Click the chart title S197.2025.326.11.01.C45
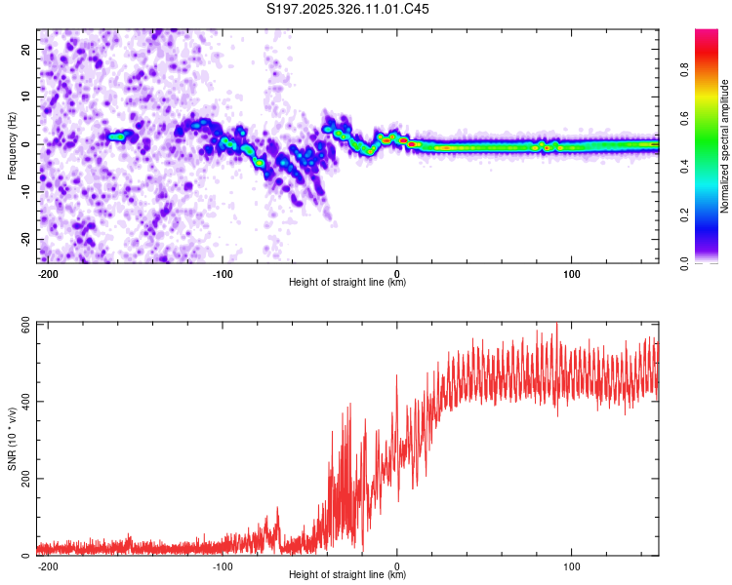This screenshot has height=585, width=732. (x=348, y=9)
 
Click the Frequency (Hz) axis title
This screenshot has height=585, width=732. (x=12, y=145)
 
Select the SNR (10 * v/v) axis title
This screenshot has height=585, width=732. (x=12, y=438)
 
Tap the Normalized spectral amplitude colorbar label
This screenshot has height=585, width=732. (x=725, y=145)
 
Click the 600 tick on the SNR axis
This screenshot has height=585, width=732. (x=23, y=324)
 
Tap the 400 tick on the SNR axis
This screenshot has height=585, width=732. (x=23, y=402)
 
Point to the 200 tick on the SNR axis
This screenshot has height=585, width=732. (x=23, y=479)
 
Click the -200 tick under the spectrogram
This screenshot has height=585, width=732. (x=48, y=272)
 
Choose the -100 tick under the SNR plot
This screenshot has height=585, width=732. (x=223, y=565)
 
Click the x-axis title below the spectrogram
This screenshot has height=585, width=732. (x=347, y=283)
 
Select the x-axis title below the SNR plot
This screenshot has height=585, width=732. (x=347, y=575)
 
